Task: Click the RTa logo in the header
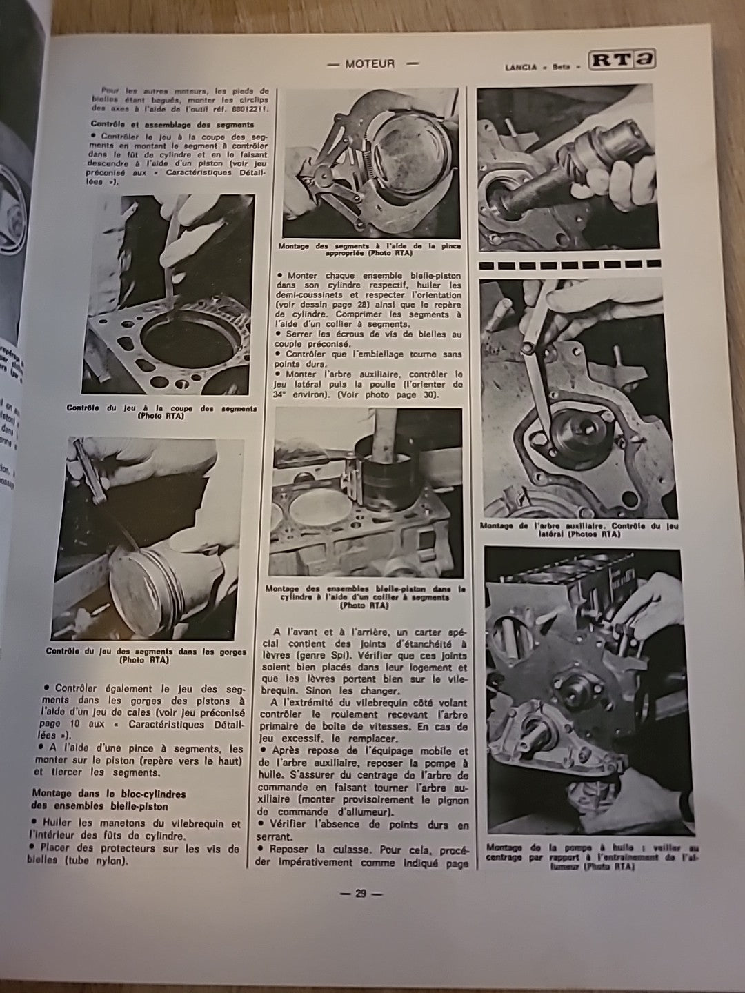[x=621, y=61]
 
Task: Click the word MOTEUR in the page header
[x=370, y=63]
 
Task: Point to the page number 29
[x=360, y=894]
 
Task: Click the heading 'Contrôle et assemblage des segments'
[x=172, y=124]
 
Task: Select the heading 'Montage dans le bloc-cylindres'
[x=108, y=794]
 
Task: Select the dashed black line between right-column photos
[x=569, y=264]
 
